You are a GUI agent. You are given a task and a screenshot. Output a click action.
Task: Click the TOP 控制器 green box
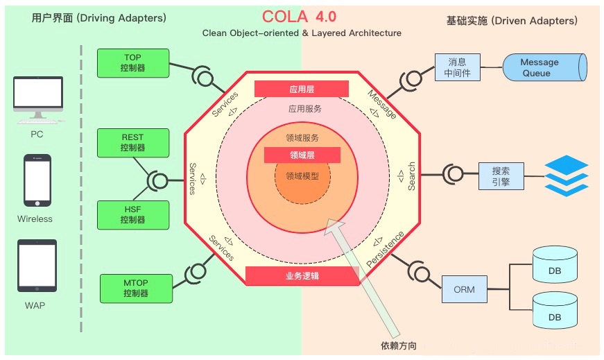pos(132,63)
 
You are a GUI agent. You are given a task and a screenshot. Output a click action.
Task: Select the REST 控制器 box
pos(132,143)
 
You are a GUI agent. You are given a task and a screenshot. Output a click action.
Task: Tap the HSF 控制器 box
pos(132,215)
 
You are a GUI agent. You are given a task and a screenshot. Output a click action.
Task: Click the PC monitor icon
pos(37,101)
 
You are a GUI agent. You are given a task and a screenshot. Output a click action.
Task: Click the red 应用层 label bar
pos(301,89)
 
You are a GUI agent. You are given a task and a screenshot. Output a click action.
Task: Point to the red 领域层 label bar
pos(302,155)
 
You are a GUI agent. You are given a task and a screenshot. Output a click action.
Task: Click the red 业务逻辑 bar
pos(302,276)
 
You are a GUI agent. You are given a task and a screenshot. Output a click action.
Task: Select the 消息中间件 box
pos(456,67)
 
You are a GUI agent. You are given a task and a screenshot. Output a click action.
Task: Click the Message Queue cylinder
pos(544,67)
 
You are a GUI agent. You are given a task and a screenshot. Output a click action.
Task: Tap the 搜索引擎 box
pos(501,176)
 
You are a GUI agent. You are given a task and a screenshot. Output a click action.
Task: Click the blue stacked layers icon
pos(566,176)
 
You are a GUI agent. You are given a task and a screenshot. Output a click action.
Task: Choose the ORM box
pos(464,289)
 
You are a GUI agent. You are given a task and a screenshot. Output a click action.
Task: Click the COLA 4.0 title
pos(300,17)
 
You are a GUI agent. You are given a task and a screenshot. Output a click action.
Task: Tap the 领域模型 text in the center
pos(302,176)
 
